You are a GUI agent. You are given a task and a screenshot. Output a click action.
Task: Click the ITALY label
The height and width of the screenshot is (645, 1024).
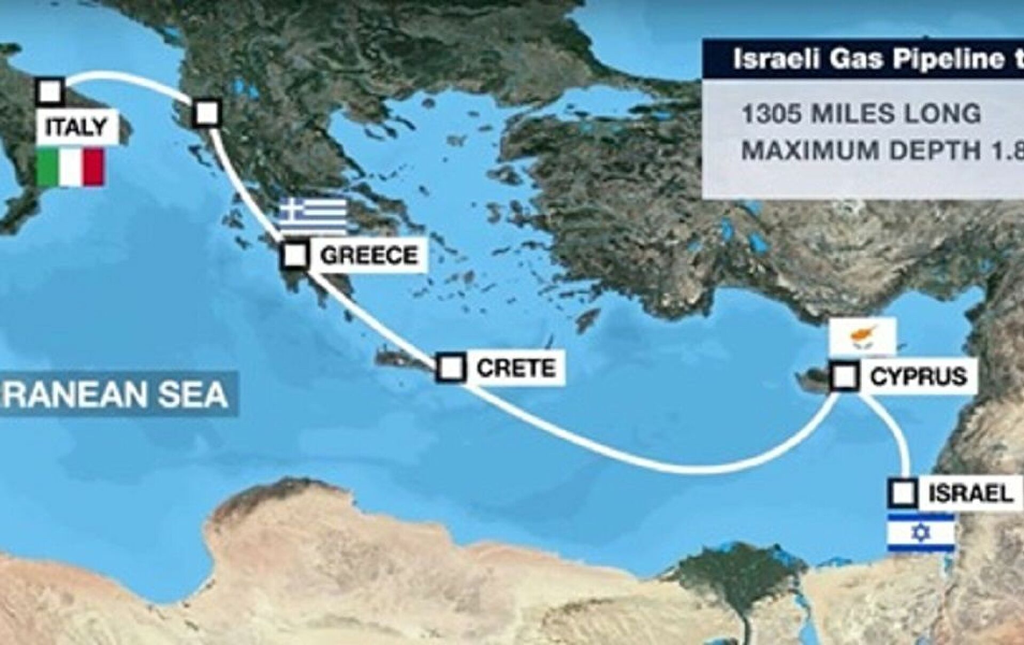[x=76, y=128]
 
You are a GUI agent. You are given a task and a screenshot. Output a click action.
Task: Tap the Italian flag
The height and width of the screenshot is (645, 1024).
[x=70, y=167]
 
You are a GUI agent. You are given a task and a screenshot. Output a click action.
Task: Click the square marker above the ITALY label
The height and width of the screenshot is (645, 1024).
[x=50, y=91]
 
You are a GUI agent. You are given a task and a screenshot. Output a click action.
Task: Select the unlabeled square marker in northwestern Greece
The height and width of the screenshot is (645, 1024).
[x=206, y=113]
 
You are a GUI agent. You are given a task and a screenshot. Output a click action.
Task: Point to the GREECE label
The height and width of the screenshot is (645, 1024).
[x=369, y=256]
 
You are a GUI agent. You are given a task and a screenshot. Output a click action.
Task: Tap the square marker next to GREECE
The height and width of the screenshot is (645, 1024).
[x=295, y=255]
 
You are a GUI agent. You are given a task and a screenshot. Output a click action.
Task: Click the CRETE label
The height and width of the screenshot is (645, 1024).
[x=516, y=368]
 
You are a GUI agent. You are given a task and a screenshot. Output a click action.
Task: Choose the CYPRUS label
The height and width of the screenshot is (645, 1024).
[x=918, y=377]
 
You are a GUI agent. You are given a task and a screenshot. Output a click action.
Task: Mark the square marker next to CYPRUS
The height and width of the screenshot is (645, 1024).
[x=845, y=376]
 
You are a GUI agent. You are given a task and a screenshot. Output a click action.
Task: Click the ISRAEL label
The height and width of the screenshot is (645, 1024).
[x=971, y=493]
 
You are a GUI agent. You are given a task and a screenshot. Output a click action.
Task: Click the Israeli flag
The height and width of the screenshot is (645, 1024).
[x=921, y=532]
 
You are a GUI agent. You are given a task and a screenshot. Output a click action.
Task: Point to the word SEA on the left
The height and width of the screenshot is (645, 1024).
[x=190, y=395]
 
